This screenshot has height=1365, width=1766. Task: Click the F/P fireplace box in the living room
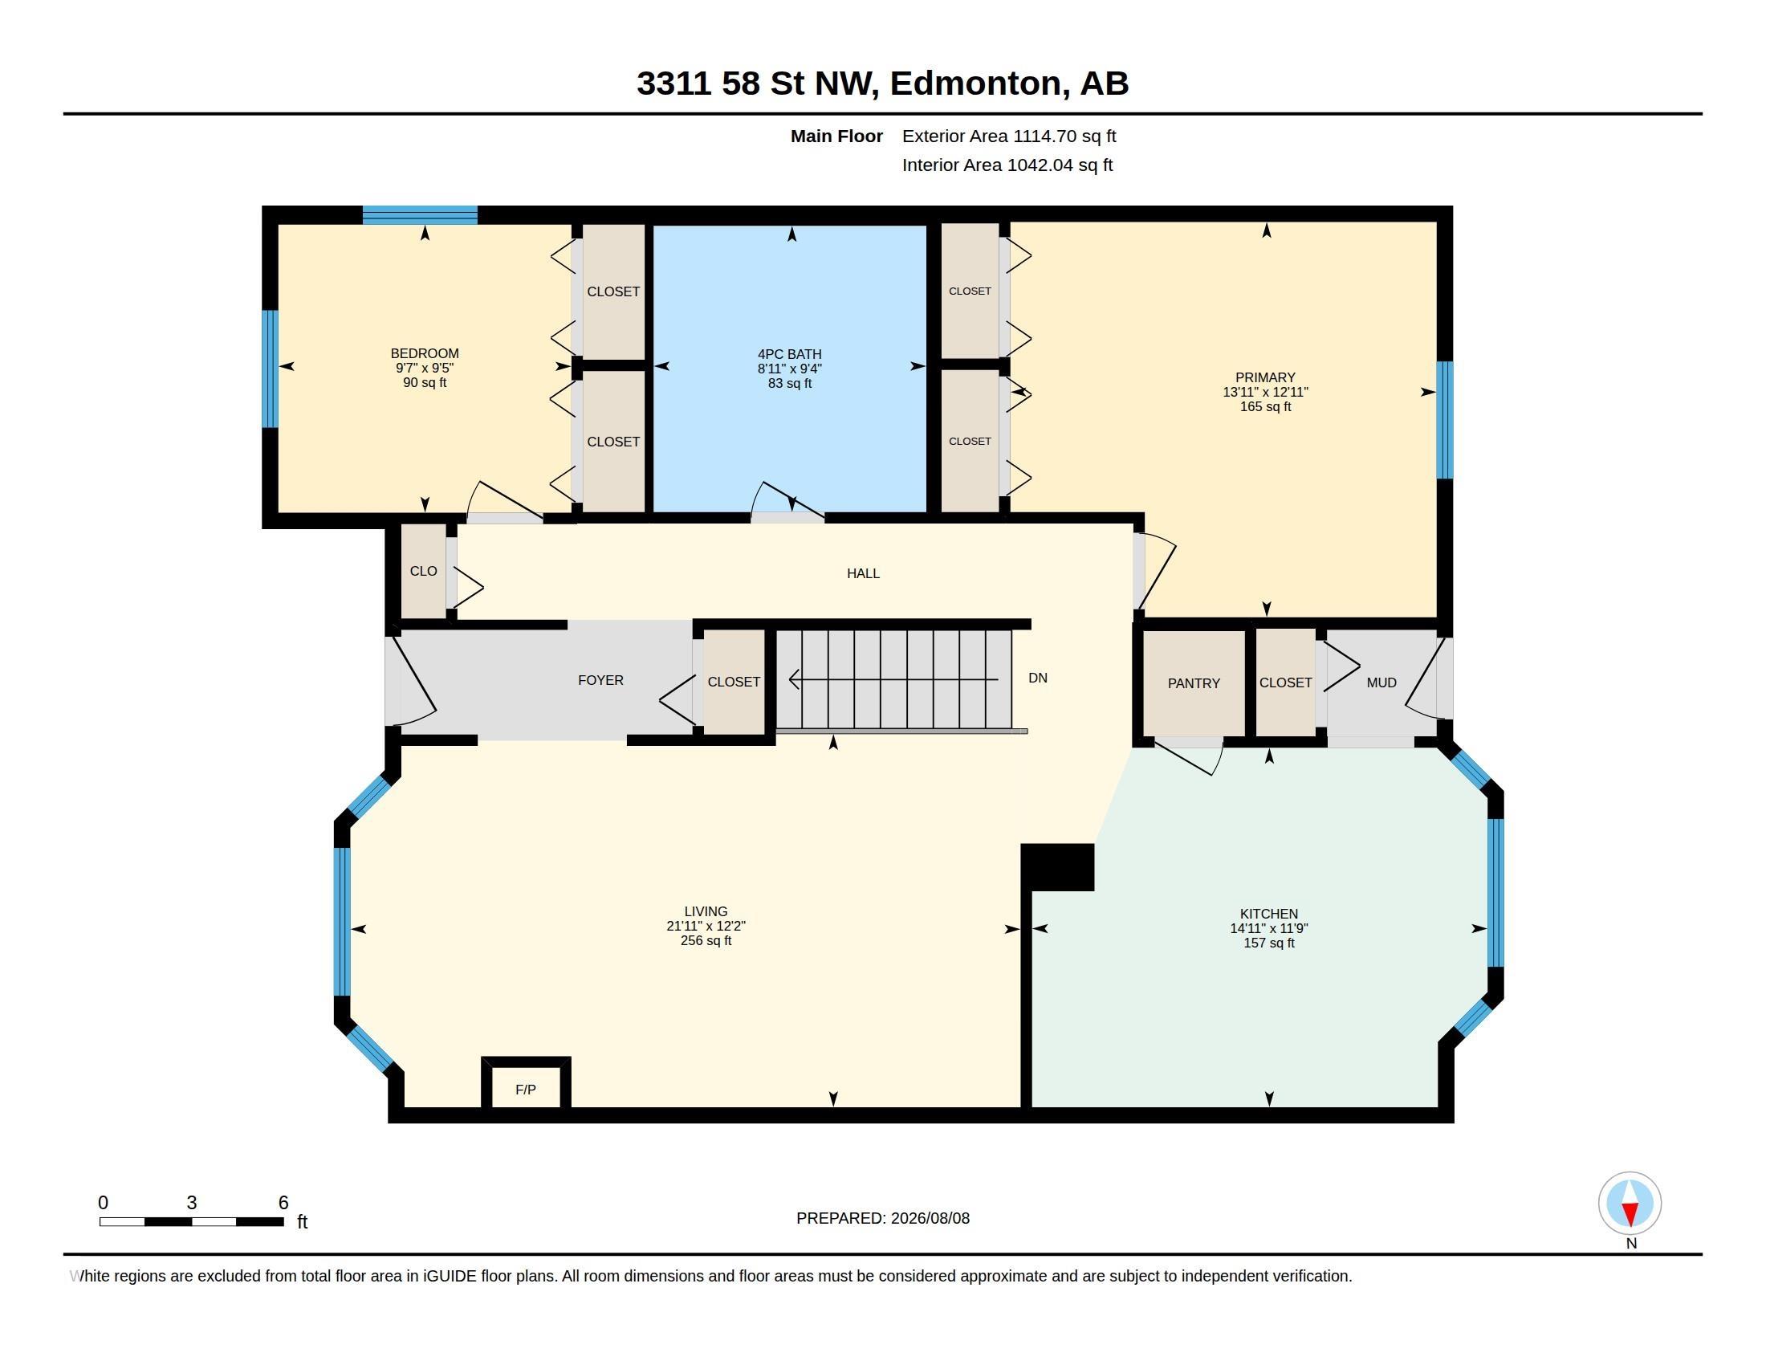526,1084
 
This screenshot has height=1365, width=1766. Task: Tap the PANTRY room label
1194,683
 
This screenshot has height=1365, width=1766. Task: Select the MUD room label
1381,682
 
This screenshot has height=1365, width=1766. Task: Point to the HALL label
863,573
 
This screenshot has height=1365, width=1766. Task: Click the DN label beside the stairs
1037,678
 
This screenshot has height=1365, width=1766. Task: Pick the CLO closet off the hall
424,571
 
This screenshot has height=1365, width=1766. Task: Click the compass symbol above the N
1630,1203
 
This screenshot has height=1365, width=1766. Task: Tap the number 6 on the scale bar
283,1203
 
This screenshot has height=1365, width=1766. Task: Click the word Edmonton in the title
976,84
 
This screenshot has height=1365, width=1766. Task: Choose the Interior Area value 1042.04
1040,165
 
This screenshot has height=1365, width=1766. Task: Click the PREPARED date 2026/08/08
930,1218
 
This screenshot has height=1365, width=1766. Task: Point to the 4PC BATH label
789,354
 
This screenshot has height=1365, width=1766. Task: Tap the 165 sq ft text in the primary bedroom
1265,407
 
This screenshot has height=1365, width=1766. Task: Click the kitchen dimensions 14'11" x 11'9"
1268,928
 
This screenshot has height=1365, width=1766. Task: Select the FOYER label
600,680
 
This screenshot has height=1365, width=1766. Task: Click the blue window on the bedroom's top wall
420,215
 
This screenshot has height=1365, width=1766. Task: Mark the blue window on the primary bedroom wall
1444,420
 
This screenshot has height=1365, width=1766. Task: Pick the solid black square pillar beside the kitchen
1058,867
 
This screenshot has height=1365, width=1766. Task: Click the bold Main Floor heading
836,136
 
